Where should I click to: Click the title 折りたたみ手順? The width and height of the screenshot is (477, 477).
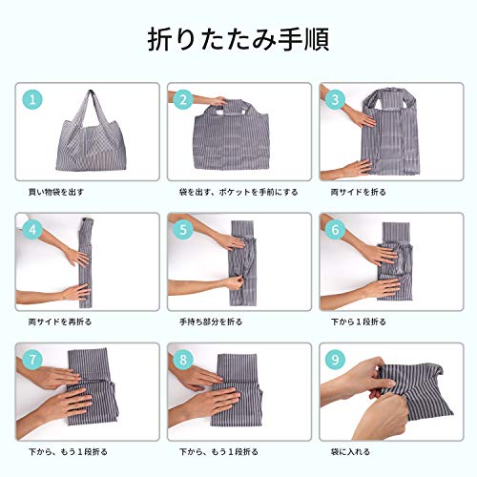tap(238, 39)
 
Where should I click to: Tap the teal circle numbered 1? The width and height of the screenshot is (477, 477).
tap(32, 100)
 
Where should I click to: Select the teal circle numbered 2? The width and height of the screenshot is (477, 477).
tap(183, 100)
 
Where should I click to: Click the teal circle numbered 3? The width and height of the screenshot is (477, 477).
tap(335, 100)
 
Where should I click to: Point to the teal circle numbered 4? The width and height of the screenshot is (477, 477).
tap(32, 230)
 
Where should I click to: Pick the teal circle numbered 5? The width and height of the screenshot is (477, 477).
tap(183, 230)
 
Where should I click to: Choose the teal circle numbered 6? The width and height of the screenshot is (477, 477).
tap(335, 230)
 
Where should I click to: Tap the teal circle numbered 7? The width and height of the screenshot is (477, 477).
tap(32, 360)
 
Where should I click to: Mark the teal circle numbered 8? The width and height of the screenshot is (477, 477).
tap(183, 360)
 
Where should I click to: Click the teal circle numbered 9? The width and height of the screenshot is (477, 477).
tap(335, 360)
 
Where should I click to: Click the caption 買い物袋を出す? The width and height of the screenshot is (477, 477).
tap(56, 192)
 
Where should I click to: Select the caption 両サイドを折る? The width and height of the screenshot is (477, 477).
tap(358, 192)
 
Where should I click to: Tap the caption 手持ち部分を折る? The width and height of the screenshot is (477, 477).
tap(211, 321)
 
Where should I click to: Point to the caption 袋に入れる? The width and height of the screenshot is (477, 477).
tap(350, 452)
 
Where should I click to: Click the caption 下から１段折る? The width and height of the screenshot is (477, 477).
tap(358, 321)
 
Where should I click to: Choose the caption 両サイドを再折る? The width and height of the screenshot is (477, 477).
tap(60, 321)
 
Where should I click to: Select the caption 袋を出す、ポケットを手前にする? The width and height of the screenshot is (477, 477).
tap(238, 192)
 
